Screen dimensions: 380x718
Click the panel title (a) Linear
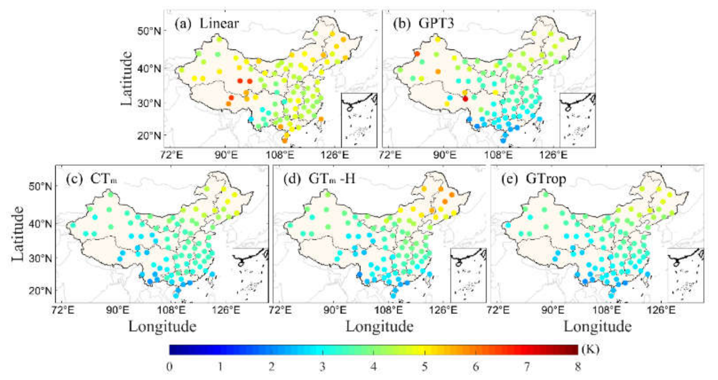[x=206, y=23]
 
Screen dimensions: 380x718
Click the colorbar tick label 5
[x=425, y=367]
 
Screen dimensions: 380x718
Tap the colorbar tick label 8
[x=578, y=367]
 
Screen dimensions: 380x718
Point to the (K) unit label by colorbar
[x=590, y=349]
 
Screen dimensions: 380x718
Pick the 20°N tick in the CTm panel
[x=41, y=291]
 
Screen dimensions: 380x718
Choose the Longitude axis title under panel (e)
[x=598, y=326]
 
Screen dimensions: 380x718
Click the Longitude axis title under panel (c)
[x=162, y=326]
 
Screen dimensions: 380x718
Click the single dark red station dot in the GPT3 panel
[x=465, y=99]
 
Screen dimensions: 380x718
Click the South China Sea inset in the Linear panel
[x=359, y=120]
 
